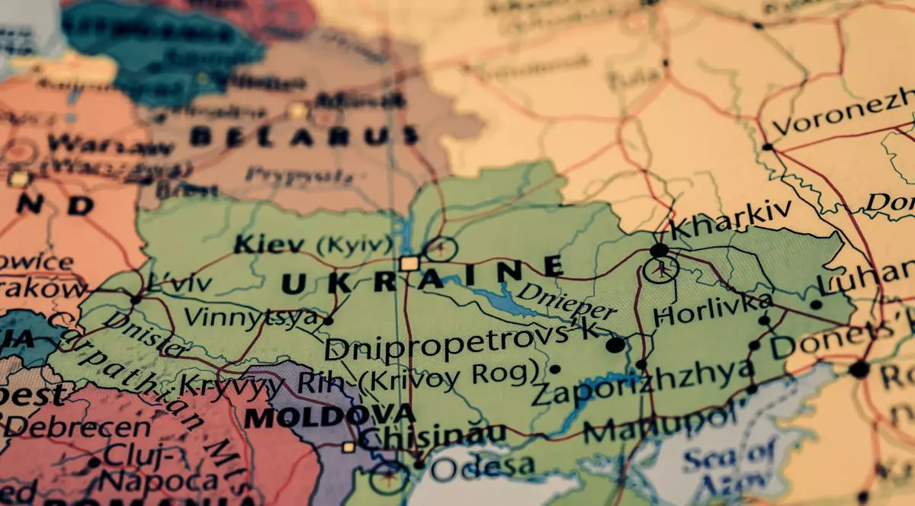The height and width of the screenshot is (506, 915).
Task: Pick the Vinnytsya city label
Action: pyautogui.click(x=252, y=316)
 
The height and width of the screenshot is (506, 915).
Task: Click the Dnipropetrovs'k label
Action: pyautogui.click(x=461, y=343)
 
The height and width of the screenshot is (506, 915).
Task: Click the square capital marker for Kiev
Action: pyautogui.click(x=409, y=264)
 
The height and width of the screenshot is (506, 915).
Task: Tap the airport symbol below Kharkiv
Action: pyautogui.click(x=660, y=269)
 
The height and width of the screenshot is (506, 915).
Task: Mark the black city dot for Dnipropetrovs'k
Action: pyautogui.click(x=615, y=345)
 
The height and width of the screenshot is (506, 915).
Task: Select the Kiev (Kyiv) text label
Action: pyautogui.click(x=313, y=245)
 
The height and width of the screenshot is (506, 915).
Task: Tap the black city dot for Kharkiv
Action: pyautogui.click(x=659, y=250)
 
